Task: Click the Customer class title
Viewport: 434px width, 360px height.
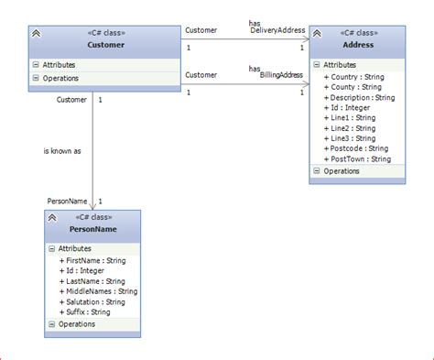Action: coord(106,44)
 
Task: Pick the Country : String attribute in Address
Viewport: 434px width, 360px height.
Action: coord(356,77)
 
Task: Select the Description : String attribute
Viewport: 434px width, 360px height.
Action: coord(363,97)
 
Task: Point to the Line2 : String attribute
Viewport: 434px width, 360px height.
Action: coord(353,127)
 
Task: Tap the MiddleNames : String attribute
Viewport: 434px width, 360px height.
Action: coord(102,291)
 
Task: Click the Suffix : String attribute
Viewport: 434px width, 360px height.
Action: coord(88,311)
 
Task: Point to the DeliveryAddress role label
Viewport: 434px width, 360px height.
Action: coord(277,31)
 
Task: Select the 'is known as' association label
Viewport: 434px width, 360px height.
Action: coord(62,150)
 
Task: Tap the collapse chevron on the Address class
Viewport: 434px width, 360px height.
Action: coord(317,34)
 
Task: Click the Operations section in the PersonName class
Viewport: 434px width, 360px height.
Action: coord(76,324)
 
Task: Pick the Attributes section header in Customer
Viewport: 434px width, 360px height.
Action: coord(59,65)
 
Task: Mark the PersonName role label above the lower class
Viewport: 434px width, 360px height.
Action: coord(67,201)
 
